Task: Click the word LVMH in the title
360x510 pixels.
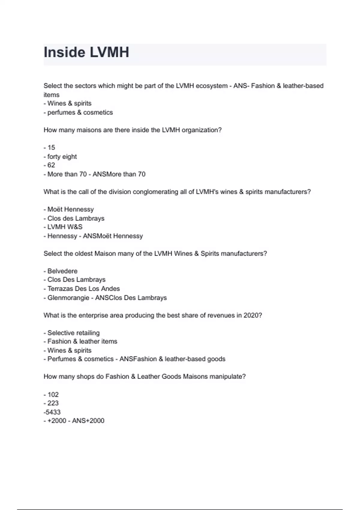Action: [109, 52]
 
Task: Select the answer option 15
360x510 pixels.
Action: [51, 148]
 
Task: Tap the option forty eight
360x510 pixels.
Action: [62, 157]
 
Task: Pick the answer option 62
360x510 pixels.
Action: [51, 165]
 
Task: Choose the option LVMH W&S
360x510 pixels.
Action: [64, 227]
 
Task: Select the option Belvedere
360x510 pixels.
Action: [62, 271]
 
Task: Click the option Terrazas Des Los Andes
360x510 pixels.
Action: [83, 289]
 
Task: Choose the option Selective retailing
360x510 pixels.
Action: [73, 333]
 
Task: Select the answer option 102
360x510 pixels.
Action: [53, 394]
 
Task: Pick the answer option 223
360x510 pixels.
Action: [53, 403]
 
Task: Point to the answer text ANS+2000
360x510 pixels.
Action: [88, 421]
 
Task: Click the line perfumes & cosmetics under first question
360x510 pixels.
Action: [80, 112]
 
